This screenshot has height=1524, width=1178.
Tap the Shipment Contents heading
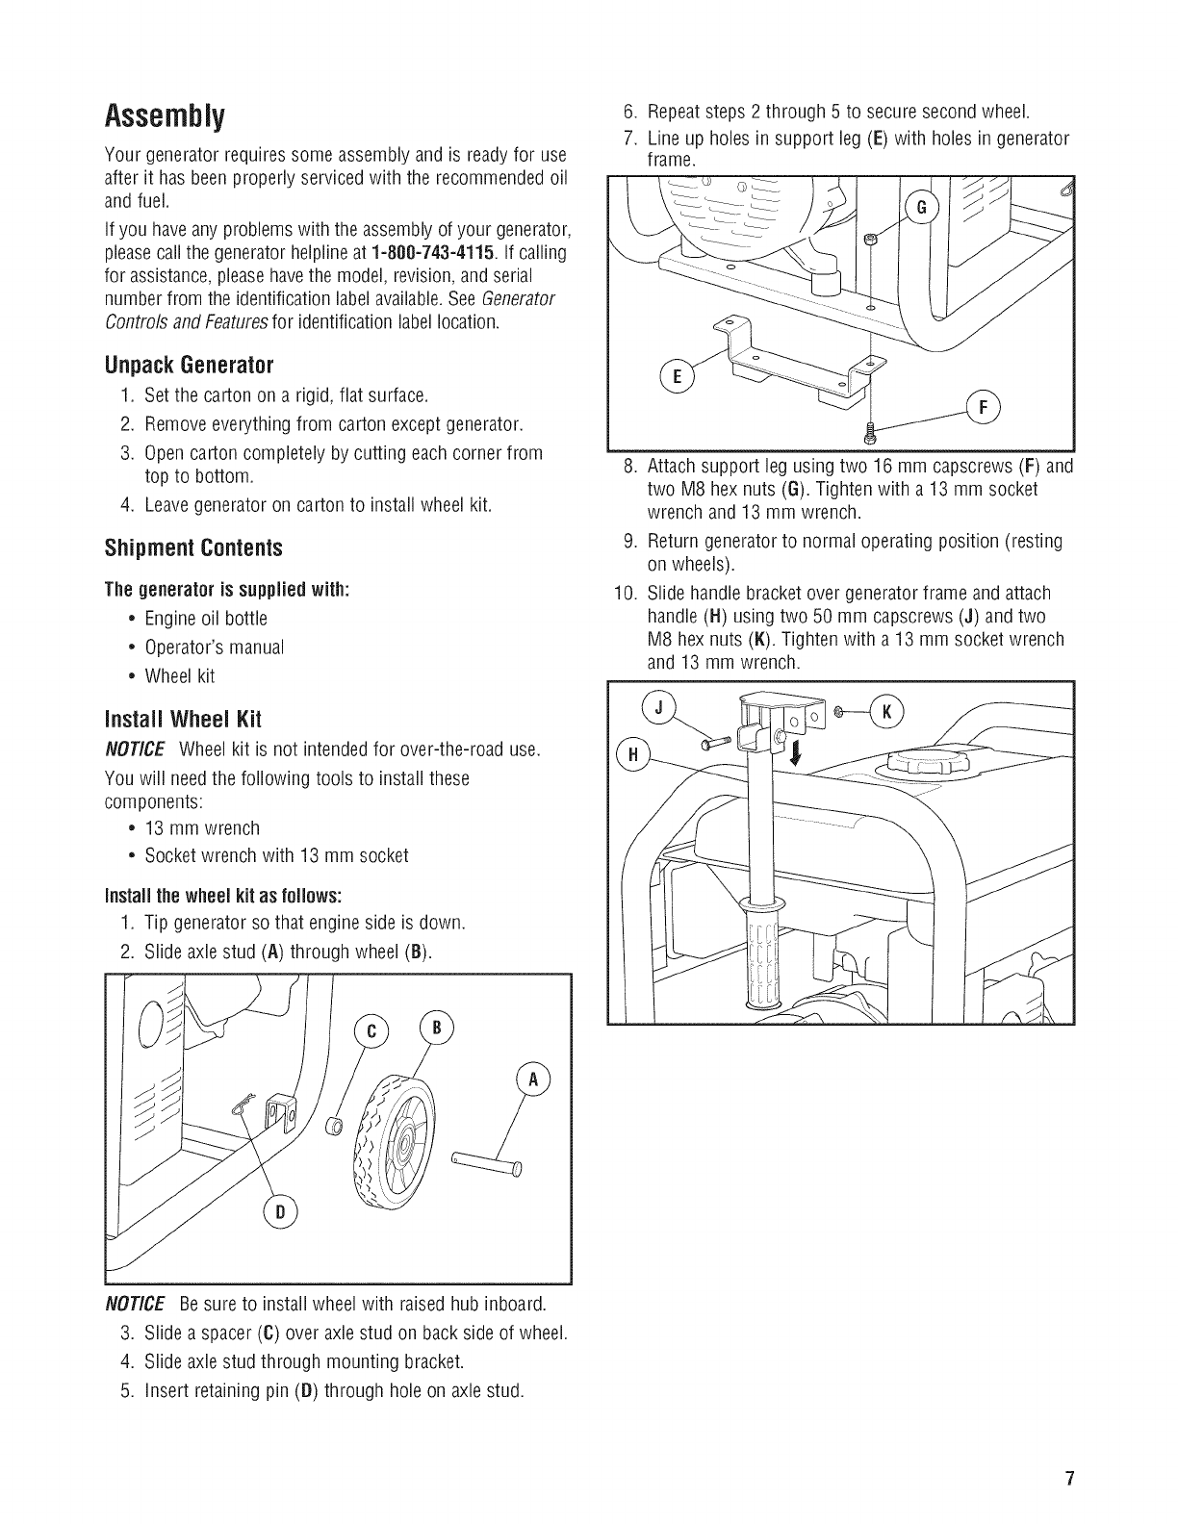tap(193, 548)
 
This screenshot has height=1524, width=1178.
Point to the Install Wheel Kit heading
tap(183, 720)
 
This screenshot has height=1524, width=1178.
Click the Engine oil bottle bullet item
tap(206, 618)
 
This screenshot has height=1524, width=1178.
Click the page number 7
tap(1069, 1479)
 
